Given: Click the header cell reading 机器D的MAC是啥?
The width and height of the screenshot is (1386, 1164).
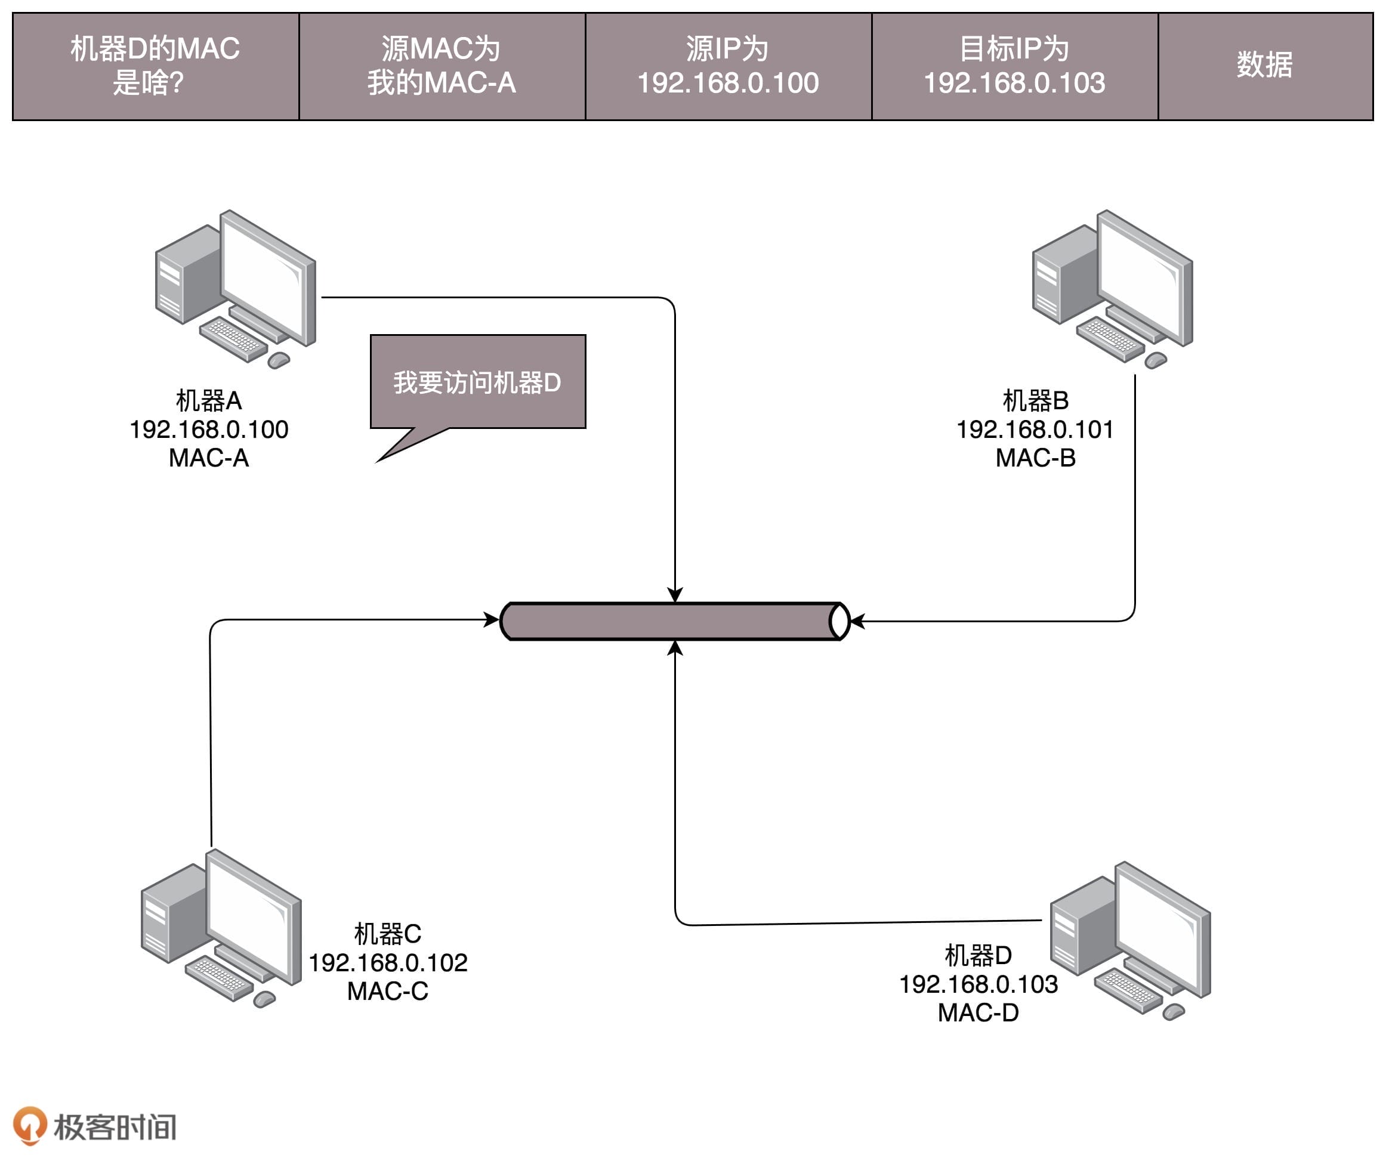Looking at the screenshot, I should pos(156,66).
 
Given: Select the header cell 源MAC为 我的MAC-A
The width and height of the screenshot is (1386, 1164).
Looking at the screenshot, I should pos(442,66).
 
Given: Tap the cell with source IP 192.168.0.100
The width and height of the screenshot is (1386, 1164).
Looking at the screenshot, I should pos(728,66).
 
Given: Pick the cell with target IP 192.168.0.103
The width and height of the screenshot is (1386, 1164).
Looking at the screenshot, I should pos(1014,66).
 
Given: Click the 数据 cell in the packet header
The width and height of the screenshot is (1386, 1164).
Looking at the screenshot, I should pos(1264,66).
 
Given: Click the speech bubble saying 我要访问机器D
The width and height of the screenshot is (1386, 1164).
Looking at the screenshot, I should pos(477,382).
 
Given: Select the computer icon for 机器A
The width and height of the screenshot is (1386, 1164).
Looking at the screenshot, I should pos(236,288).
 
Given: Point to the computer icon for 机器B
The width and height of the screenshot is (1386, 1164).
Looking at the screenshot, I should pos(1112,288).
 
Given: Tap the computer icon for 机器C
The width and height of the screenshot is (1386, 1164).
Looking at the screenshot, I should pos(221,927).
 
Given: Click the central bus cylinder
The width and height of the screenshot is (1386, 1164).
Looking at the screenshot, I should pos(674,621).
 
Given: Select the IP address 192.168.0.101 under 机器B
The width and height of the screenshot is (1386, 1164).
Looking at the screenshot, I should pos(1035,430).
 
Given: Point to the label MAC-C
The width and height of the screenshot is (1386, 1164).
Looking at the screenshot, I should pos(387,991).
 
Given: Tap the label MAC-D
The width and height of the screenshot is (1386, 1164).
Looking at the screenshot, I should pos(978,1012).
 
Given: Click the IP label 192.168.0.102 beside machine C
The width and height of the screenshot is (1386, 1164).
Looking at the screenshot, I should pos(388,963).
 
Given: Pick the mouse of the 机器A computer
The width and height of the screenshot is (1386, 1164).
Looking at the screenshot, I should pos(279,360).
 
